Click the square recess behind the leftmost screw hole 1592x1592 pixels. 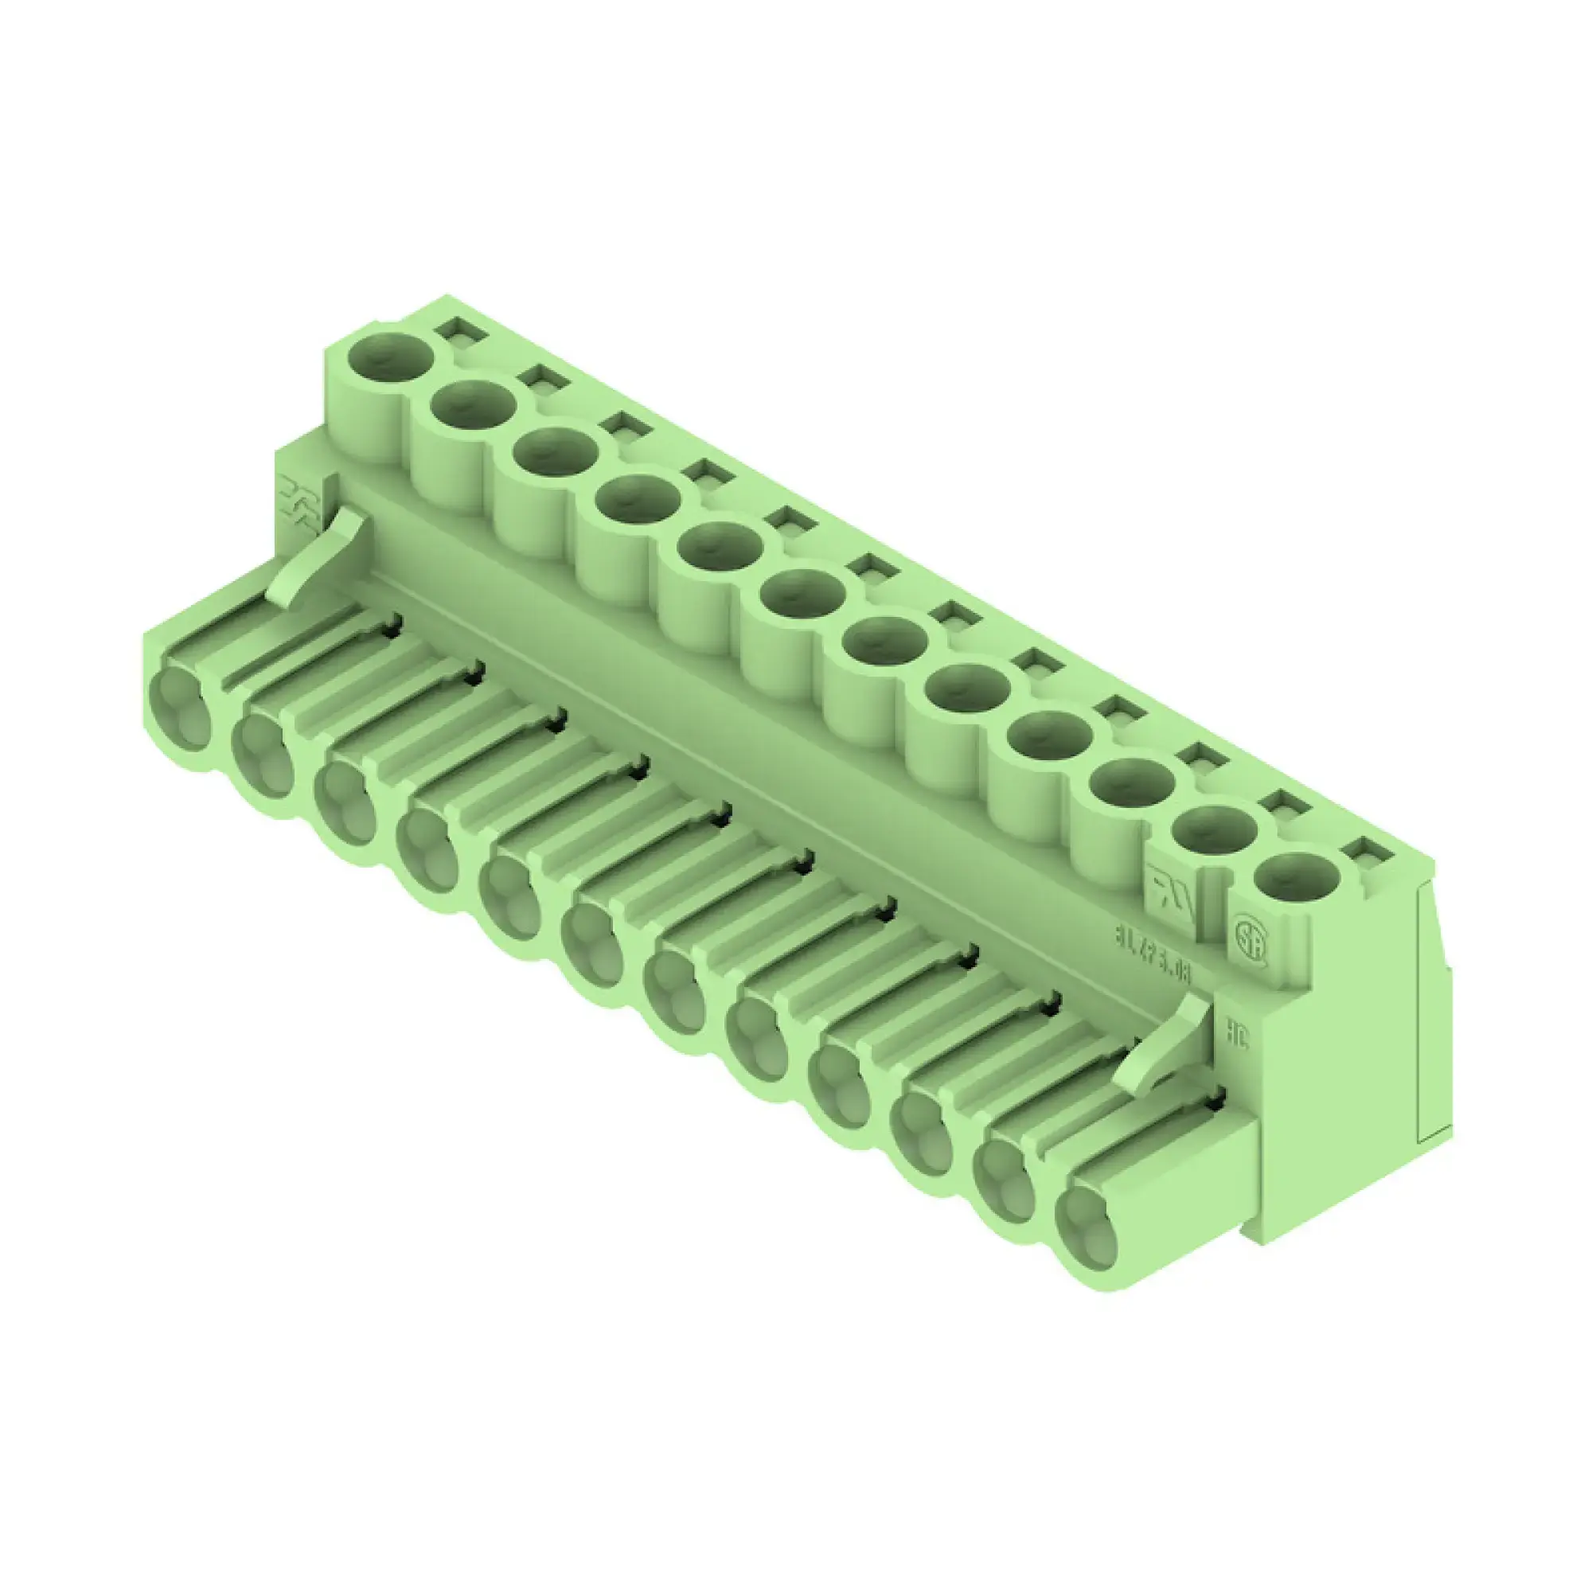click(461, 330)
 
